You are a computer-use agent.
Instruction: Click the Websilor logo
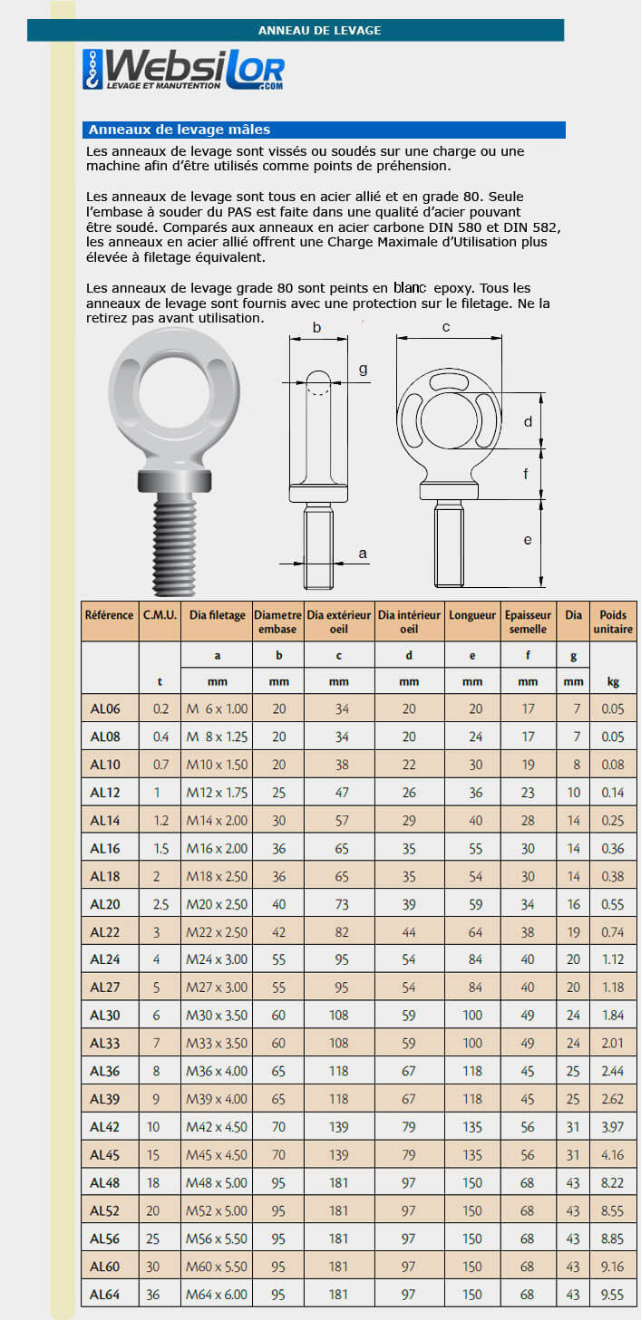183,71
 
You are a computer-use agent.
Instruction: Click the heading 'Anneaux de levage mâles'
180,130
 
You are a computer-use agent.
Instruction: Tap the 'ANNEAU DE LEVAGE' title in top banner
319,30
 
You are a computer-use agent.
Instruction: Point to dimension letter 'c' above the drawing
446,327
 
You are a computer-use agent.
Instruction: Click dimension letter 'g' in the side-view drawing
363,369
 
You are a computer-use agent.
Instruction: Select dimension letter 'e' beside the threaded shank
527,540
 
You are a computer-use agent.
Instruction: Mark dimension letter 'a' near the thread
363,553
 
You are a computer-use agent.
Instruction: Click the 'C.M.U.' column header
160,614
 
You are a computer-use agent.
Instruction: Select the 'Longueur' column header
472,614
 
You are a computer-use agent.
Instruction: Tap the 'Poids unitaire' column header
613,621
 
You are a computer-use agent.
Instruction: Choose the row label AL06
105,708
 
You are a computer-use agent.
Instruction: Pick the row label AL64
105,1295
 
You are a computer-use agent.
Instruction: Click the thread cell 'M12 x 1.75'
217,793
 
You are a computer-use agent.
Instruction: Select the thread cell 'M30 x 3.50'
217,1016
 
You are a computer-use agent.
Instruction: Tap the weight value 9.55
613,1295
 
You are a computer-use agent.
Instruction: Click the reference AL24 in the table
105,959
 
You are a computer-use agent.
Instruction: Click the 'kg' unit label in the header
613,682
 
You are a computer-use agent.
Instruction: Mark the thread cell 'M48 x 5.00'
217,1182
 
